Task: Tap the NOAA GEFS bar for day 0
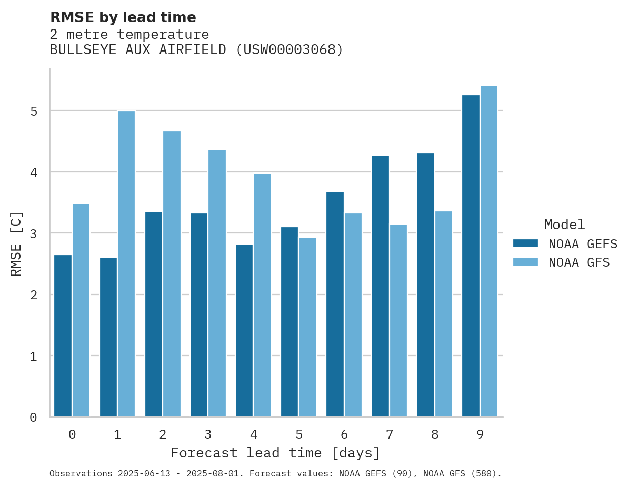point(63,336)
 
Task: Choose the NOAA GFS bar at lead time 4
point(262,295)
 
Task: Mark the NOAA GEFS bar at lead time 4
point(244,331)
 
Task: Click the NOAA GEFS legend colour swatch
point(525,243)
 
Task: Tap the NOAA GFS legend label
point(579,262)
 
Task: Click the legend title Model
point(564,225)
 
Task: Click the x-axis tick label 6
point(344,434)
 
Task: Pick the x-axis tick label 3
point(208,434)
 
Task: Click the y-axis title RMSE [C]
point(16,243)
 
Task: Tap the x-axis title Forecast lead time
point(275,453)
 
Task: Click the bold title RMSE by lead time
point(123,17)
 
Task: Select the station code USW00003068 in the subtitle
point(289,50)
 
